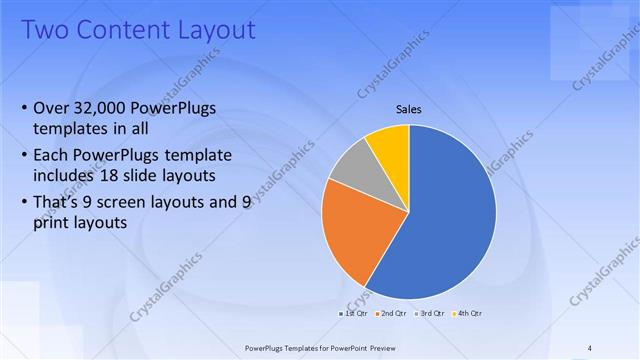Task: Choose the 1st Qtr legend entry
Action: tap(353, 313)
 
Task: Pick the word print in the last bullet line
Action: tap(51, 223)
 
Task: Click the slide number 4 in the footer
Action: tap(590, 348)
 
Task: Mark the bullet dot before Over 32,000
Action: tap(24, 108)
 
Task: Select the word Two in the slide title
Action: tap(41, 30)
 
